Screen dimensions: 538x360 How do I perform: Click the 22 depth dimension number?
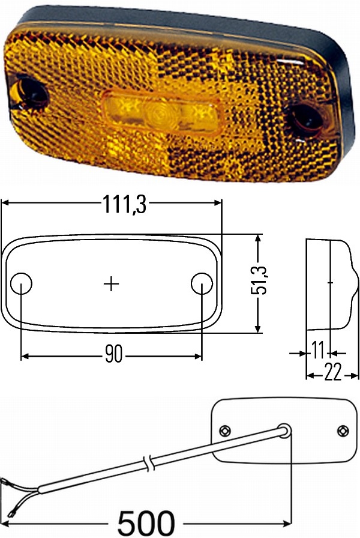(332, 373)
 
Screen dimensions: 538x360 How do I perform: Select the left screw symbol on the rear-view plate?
(225, 429)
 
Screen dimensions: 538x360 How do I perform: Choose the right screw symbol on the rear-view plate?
(343, 431)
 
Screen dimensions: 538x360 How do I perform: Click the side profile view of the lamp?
(328, 285)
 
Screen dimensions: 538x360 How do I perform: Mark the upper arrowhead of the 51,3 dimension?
(259, 238)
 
